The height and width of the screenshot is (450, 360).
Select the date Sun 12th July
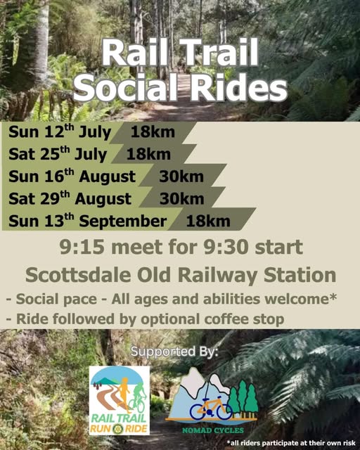click(x=60, y=132)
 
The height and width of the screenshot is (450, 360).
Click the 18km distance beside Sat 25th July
click(x=148, y=154)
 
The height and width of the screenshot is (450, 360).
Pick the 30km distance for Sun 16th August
click(x=181, y=176)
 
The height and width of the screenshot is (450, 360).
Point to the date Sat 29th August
click(x=70, y=198)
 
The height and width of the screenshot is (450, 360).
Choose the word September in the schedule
click(x=122, y=221)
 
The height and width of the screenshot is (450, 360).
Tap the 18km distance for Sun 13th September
click(x=208, y=221)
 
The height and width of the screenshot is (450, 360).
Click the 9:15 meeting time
click(x=82, y=247)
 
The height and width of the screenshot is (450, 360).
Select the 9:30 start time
click(x=226, y=247)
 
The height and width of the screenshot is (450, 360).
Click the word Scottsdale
click(x=78, y=275)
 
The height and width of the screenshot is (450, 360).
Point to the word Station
click(x=300, y=275)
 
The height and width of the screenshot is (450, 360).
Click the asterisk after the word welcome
click(x=333, y=297)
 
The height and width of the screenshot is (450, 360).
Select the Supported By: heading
click(x=174, y=352)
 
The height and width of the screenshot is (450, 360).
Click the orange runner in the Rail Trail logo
click(x=124, y=394)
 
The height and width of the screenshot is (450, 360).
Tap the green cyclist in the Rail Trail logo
click(x=139, y=397)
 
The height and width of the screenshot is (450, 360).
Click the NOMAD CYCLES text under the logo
click(x=213, y=430)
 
